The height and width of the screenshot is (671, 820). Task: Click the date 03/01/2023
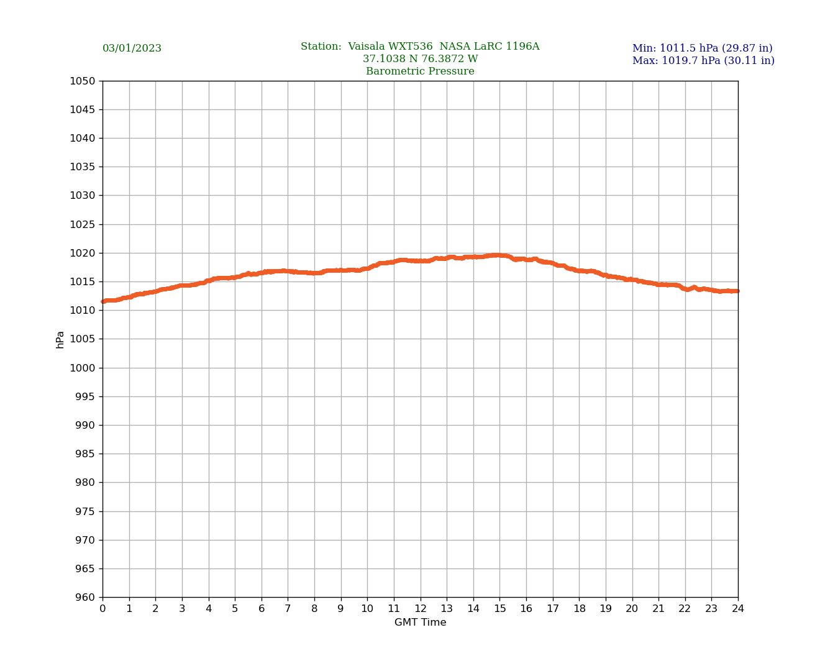132,48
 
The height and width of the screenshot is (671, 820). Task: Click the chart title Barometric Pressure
420,71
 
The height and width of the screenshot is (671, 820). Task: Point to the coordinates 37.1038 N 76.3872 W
420,59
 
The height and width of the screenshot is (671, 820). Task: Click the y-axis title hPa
60,339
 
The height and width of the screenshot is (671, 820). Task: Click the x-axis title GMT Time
420,623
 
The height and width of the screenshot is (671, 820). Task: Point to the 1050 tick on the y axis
83,81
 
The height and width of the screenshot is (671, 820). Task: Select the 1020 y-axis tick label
83,253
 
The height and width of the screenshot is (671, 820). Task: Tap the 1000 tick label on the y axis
83,368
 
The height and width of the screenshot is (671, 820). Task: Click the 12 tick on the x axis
421,609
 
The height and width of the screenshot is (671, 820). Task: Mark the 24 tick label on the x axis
738,609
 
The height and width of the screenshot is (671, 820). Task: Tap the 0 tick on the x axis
102,609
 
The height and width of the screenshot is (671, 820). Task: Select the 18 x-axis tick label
579,609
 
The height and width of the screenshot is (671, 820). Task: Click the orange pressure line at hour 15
500,255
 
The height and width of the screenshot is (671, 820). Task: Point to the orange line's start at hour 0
104,301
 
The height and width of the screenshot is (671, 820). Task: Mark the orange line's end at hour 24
737,291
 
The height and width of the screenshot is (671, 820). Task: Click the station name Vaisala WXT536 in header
390,47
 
